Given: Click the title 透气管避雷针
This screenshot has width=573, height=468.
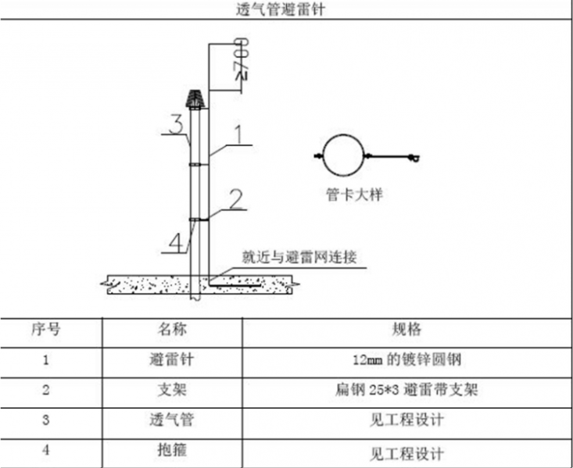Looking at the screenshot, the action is [281, 9].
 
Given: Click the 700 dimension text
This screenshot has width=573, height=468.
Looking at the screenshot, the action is [242, 57].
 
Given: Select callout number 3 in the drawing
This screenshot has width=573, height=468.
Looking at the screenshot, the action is [177, 124].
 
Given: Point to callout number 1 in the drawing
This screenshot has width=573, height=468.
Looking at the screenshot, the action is [238, 134].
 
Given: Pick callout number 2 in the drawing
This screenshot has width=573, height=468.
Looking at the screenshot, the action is [235, 199].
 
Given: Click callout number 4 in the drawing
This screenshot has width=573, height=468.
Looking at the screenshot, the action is [176, 242].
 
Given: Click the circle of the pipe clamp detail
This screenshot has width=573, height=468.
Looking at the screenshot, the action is [343, 155].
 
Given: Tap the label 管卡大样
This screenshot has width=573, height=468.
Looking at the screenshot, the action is [354, 195].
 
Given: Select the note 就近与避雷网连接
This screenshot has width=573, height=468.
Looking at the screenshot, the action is [299, 257].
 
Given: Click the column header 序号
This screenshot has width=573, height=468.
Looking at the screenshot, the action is [45, 329].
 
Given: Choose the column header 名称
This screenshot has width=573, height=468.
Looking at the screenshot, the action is [172, 329].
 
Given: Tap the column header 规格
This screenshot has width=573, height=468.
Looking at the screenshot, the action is [406, 329].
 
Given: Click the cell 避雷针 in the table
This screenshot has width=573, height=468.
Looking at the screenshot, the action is [172, 359].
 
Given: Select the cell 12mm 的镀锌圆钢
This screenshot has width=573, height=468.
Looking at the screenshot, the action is [406, 360].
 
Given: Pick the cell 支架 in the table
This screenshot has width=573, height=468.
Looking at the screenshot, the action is [172, 390].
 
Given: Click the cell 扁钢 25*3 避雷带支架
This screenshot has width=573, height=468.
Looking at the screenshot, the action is [406, 390].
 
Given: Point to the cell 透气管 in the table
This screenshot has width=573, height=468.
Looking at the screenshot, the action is [172, 420].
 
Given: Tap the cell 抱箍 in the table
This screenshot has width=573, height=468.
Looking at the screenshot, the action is [172, 450].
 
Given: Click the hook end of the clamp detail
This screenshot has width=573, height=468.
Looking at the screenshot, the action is [415, 158].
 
